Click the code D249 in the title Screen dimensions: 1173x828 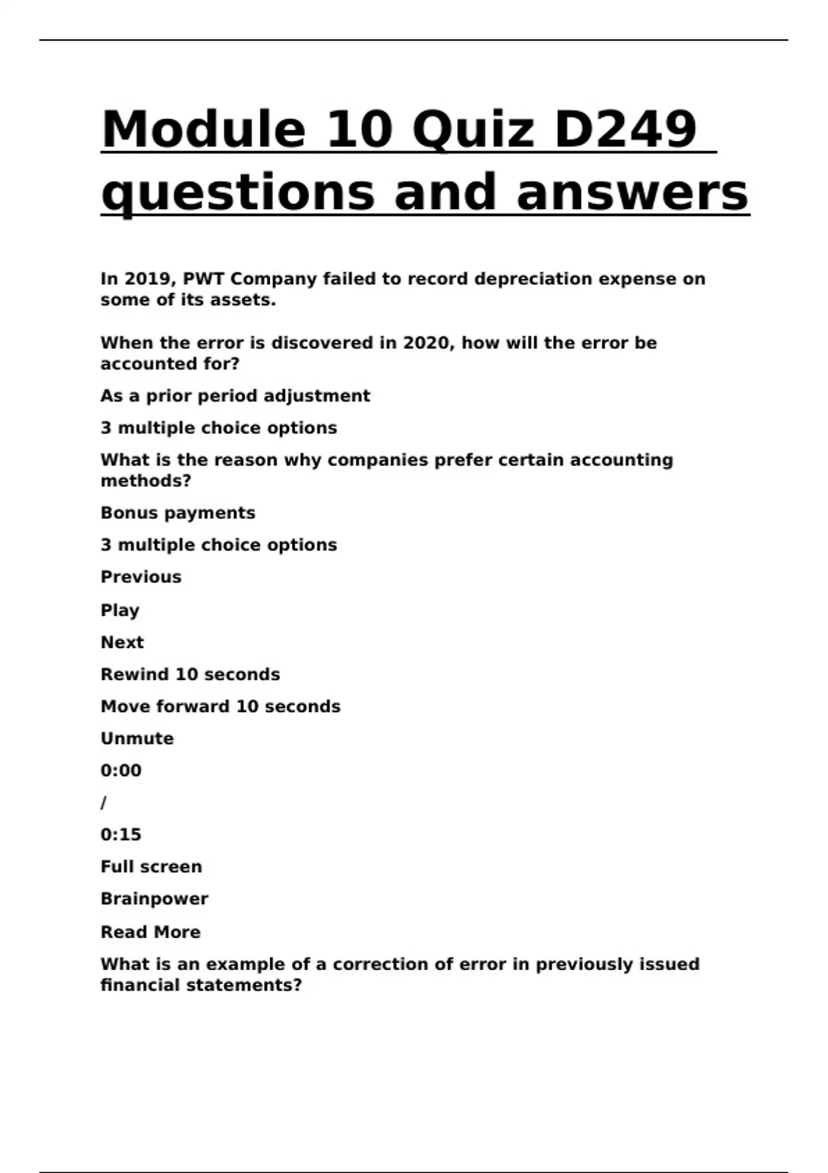point(625,129)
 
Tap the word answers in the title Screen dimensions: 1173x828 point(632,192)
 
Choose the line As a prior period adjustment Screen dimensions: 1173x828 point(235,396)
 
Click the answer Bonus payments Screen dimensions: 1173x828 point(178,513)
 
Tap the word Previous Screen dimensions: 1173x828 point(141,577)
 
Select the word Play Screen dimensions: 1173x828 point(120,610)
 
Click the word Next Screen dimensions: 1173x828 point(122,642)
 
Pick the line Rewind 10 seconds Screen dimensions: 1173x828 point(190,674)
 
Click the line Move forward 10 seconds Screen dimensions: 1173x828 point(220,707)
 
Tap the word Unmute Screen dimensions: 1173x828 point(137,738)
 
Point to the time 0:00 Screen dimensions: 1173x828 point(121,771)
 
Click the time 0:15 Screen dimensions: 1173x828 point(121,835)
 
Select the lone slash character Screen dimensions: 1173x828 point(103,802)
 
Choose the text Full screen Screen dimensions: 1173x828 point(151,867)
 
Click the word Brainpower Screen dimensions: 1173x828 point(154,899)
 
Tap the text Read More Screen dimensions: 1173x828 point(150,932)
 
